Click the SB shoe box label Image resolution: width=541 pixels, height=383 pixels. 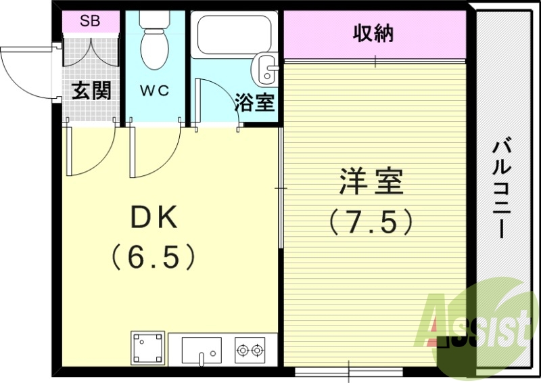click(x=90, y=21)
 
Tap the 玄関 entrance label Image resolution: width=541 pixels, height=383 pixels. click(x=91, y=91)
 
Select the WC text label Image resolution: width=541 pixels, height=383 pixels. click(x=155, y=90)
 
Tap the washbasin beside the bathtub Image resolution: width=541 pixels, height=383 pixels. click(x=265, y=68)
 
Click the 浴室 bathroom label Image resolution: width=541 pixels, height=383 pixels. click(x=254, y=103)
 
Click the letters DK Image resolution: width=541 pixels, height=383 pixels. click(x=154, y=217)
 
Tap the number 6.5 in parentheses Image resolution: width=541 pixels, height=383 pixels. click(x=154, y=256)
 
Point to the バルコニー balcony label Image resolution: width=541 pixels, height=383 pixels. click(x=501, y=189)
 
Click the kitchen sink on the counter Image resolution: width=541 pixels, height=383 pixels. click(x=201, y=350)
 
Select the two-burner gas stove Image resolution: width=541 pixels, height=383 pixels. click(x=250, y=350)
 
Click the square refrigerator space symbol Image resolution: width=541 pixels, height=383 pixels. click(x=148, y=348)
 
